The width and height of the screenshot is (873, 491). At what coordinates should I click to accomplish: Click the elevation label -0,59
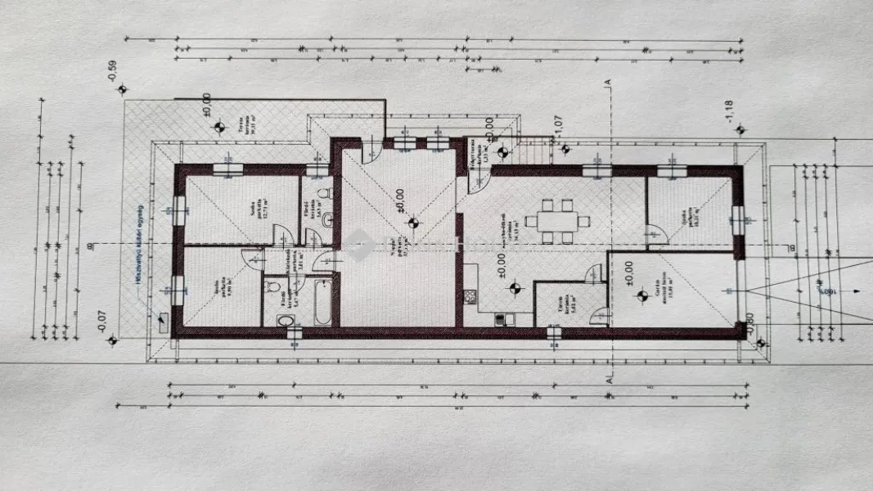point(112,72)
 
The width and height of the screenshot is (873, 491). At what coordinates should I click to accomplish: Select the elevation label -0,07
point(101,321)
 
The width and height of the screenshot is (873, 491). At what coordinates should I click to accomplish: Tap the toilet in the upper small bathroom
point(324,195)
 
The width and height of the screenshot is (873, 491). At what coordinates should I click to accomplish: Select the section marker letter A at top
point(607,83)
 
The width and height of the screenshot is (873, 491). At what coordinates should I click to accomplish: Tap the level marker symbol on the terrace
point(218,127)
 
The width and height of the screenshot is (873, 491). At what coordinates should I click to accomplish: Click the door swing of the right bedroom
point(657,235)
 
